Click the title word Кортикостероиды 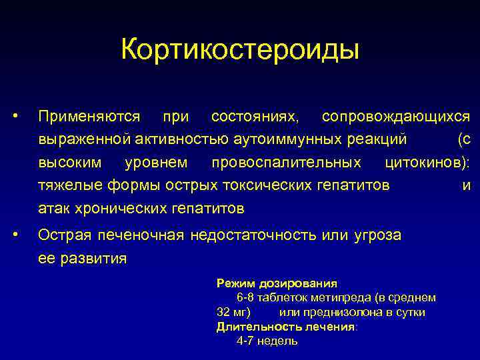pos(240,49)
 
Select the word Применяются pos(89,117)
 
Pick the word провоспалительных pos(286,163)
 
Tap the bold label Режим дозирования pos(277,283)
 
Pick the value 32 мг pos(233,312)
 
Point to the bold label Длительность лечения pos(286,327)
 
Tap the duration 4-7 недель pos(267,341)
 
